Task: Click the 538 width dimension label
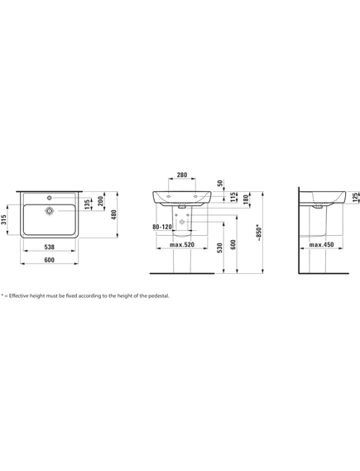(x=49, y=247)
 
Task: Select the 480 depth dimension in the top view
(x=114, y=214)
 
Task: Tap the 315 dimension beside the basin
(x=3, y=219)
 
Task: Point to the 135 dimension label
(x=87, y=204)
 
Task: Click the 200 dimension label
(x=101, y=201)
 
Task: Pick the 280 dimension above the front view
(x=182, y=175)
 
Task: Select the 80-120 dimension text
(x=162, y=227)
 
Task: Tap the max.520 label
(x=182, y=244)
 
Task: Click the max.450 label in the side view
(x=322, y=244)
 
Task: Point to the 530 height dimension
(x=220, y=248)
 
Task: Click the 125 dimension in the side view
(x=356, y=197)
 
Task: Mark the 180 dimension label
(x=246, y=199)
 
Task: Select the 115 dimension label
(x=233, y=197)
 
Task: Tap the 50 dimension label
(x=220, y=183)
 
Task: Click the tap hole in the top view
(x=50, y=198)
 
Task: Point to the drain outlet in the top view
(x=50, y=210)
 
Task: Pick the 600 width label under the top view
(x=49, y=260)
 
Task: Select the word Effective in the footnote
(x=18, y=296)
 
